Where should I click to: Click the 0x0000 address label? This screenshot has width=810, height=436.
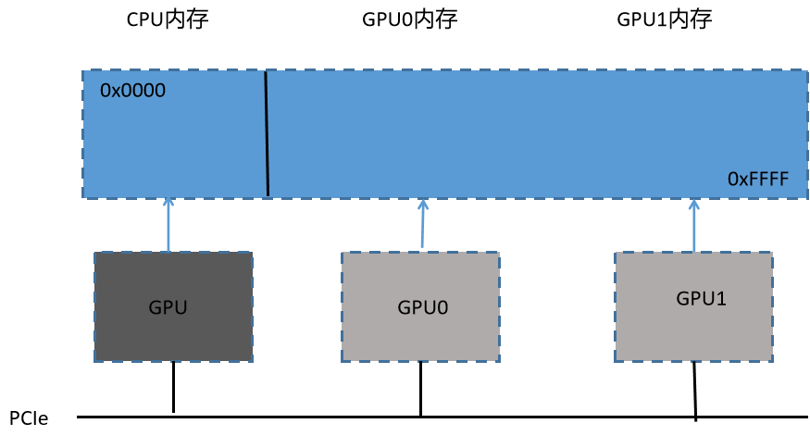pyautogui.click(x=132, y=91)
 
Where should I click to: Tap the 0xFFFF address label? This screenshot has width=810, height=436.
pyautogui.click(x=757, y=180)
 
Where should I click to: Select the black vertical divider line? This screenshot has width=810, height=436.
pyautogui.click(x=267, y=133)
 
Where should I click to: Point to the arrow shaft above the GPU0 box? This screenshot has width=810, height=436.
pyautogui.click(x=422, y=228)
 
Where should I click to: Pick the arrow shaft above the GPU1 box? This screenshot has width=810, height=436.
pyautogui.click(x=693, y=228)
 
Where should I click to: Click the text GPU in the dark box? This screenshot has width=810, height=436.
pyautogui.click(x=168, y=307)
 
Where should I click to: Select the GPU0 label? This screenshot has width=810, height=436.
pyautogui.click(x=422, y=307)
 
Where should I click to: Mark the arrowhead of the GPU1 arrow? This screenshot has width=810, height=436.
pyautogui.click(x=693, y=204)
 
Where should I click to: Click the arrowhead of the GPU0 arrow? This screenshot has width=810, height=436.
pyautogui.click(x=423, y=204)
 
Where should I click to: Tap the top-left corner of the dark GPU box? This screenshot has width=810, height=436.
pyautogui.click(x=94, y=253)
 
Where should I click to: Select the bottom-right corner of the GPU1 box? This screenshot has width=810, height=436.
pyautogui.click(x=773, y=361)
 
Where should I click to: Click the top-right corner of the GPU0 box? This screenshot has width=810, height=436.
pyautogui.click(x=499, y=253)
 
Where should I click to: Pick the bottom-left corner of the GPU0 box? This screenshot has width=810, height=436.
pyautogui.click(x=342, y=361)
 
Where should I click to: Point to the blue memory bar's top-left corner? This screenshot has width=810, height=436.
pyautogui.click(x=82, y=70)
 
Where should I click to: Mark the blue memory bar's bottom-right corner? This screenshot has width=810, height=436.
pyautogui.click(x=807, y=197)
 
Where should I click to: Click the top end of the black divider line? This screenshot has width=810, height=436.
pyautogui.click(x=266, y=71)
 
